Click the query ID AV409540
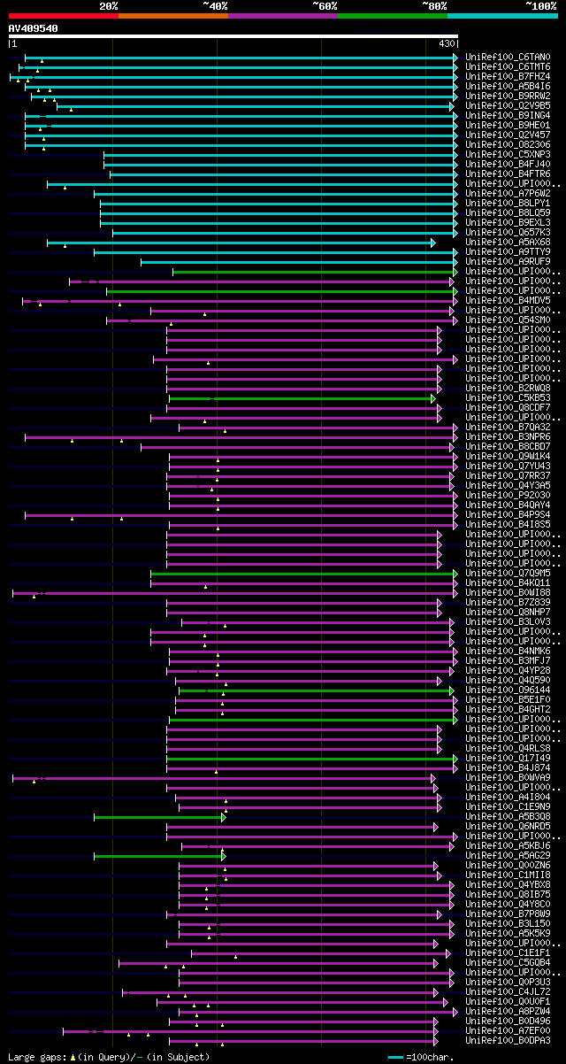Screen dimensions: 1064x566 coord(34,28)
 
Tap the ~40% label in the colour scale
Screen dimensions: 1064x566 coord(215,5)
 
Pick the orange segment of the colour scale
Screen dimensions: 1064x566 coord(172,15)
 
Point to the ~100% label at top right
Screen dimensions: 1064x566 coord(541,5)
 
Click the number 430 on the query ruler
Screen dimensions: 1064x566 coord(447,42)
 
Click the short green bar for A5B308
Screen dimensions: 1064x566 coord(158,817)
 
